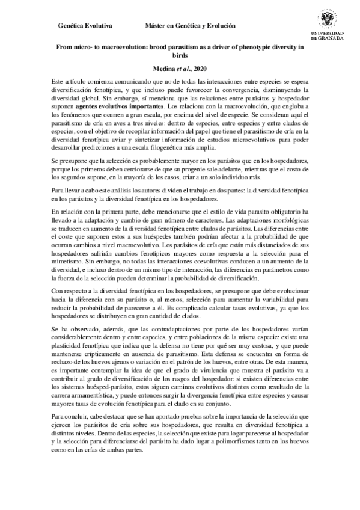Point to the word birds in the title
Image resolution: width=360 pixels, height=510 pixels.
coord(180,55)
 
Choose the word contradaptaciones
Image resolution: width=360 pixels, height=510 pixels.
coord(158,331)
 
